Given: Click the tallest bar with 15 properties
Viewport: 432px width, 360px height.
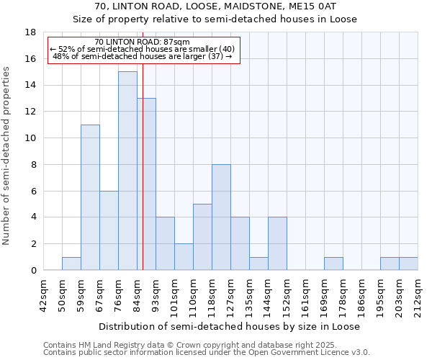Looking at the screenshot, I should [x=127, y=171].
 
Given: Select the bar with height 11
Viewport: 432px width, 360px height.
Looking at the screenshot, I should [x=90, y=197].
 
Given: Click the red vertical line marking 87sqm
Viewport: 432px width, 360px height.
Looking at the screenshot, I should [x=143, y=180].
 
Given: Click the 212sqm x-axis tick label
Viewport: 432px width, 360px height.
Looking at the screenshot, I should [x=410, y=293].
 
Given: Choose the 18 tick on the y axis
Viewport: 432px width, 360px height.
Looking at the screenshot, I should [x=30, y=32].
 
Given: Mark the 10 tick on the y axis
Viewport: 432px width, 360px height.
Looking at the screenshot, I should [x=30, y=138].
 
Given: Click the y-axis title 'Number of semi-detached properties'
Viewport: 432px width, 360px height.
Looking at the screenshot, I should [x=7, y=156].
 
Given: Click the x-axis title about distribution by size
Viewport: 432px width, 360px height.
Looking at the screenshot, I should [x=229, y=326].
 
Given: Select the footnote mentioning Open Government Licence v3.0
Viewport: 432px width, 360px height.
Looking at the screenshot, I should [x=207, y=352].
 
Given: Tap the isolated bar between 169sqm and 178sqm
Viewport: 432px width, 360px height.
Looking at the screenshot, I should [x=333, y=264].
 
